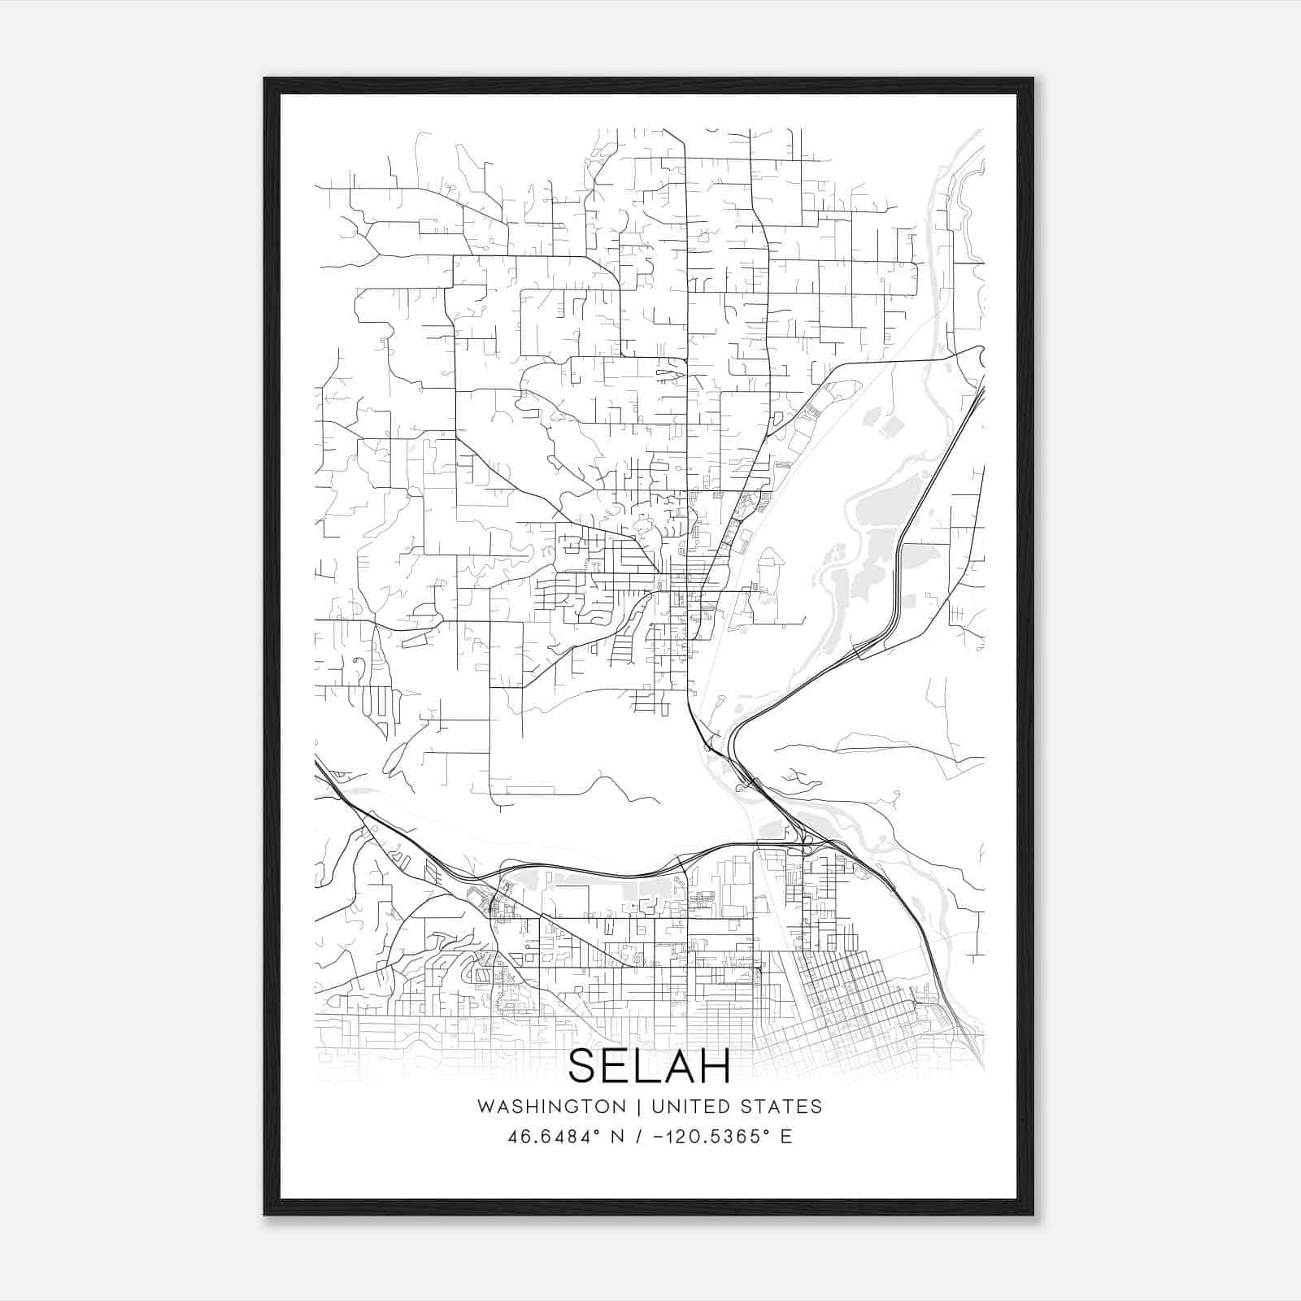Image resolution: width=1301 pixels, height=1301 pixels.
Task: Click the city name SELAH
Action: coord(649,1066)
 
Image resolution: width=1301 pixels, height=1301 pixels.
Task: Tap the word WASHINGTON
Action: coord(551,1107)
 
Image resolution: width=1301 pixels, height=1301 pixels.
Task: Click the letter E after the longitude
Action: coord(785,1137)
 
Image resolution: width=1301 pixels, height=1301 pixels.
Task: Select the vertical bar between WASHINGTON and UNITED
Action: coord(638,1107)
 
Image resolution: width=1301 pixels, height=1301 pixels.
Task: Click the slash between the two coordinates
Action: coord(644,1137)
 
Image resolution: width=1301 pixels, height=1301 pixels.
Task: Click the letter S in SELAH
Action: coord(583,1066)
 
